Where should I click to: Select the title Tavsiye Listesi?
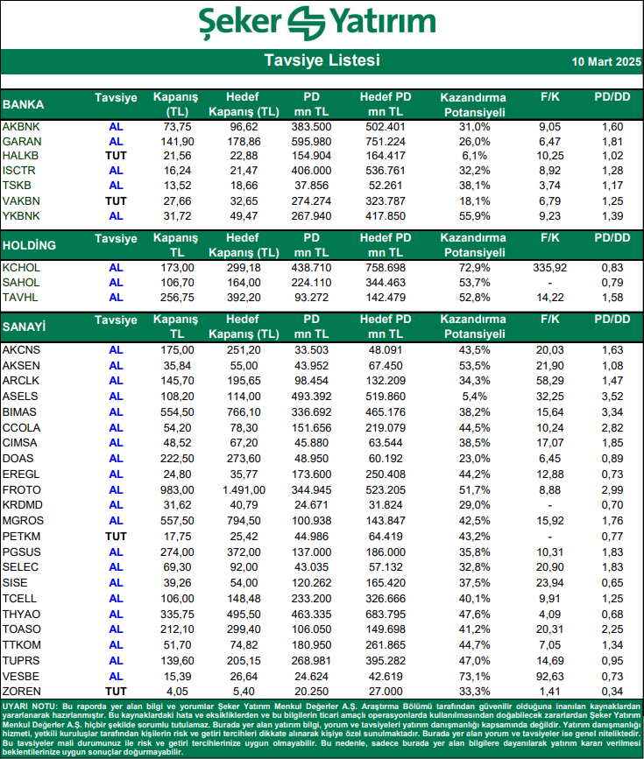coord(322,61)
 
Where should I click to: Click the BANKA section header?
coord(24,104)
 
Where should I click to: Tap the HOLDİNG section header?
coord(30,244)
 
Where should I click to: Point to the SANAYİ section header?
coord(25,327)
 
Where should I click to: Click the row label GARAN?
coord(21,141)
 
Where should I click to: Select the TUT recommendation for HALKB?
coord(116,156)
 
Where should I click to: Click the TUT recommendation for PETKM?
coord(116,536)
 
